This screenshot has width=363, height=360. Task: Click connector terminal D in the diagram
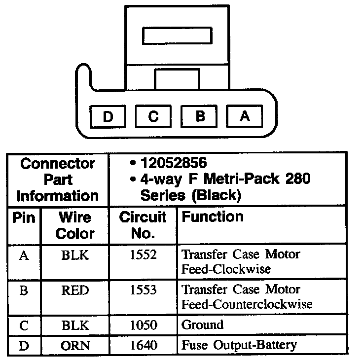(x=108, y=116)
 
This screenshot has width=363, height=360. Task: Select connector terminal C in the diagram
(x=153, y=116)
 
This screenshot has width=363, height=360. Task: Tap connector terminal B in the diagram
(x=199, y=116)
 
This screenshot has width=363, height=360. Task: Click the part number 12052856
(x=174, y=163)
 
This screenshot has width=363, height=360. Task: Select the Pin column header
(x=24, y=217)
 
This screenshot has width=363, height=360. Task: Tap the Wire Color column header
(x=75, y=225)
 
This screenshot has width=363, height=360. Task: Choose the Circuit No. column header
(x=143, y=225)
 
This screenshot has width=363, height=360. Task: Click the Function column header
(x=213, y=217)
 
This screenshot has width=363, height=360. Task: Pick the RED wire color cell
(x=75, y=290)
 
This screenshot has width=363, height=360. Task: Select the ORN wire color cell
(x=75, y=345)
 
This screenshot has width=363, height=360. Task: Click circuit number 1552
(x=143, y=255)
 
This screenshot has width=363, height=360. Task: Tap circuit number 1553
(x=143, y=290)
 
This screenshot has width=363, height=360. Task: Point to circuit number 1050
(x=143, y=325)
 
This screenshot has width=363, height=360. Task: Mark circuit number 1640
(x=143, y=345)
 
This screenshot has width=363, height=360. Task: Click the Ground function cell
(x=203, y=325)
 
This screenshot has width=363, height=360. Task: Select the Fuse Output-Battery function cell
(x=240, y=345)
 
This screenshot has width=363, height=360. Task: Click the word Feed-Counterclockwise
(x=247, y=304)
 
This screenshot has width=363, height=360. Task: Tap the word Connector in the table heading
(x=57, y=163)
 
